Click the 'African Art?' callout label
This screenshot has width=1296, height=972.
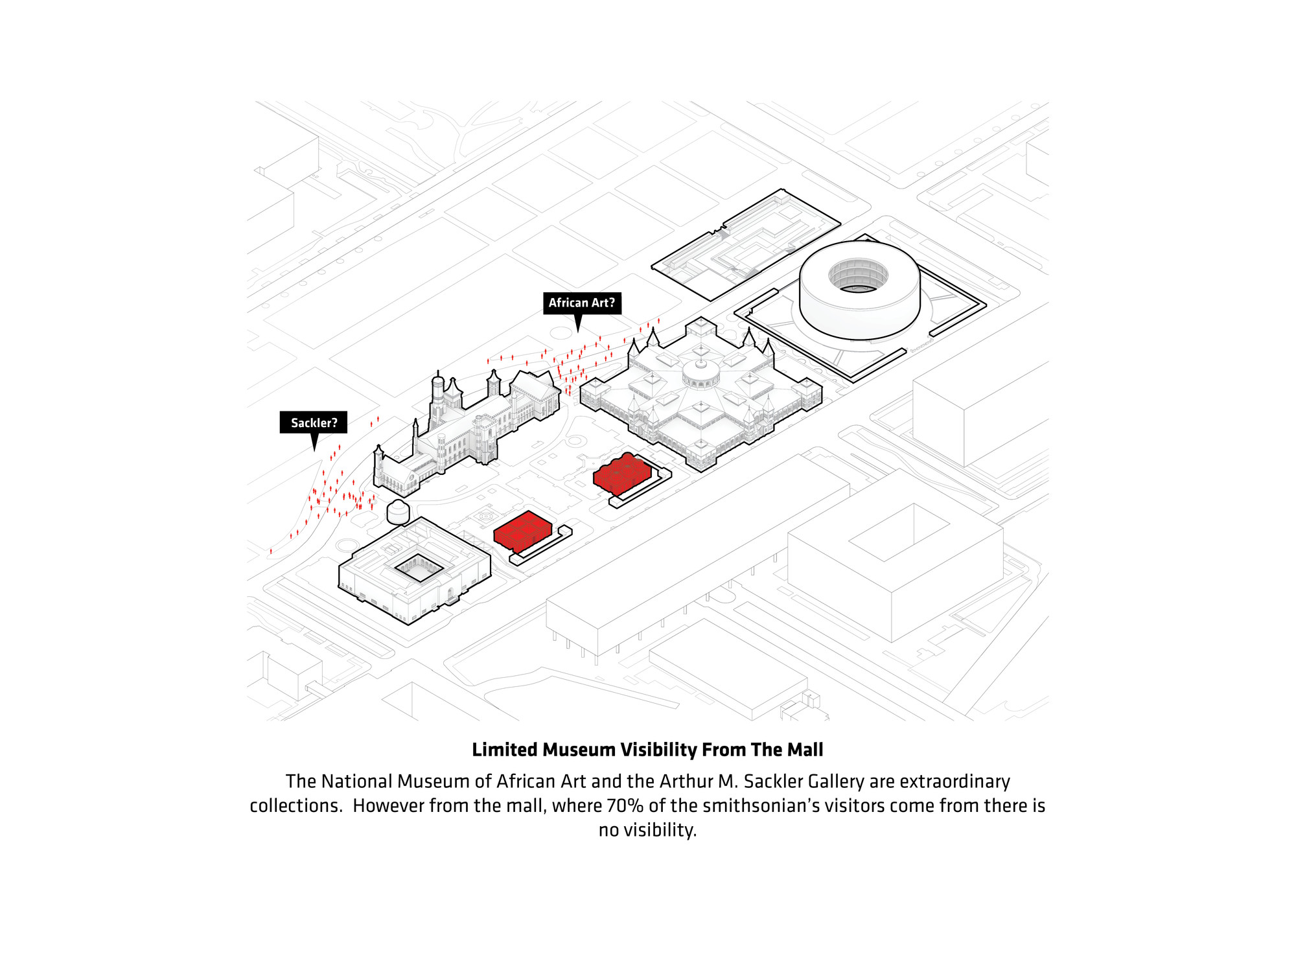coord(582,303)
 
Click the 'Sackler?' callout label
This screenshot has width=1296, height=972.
coord(314,422)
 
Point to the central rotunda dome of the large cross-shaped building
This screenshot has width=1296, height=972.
coord(700,373)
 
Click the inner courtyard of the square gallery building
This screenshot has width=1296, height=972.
coord(419,568)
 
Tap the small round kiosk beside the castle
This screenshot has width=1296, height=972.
coord(398,512)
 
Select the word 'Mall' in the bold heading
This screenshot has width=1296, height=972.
coord(804,750)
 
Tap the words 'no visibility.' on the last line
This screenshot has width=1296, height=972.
coord(647,830)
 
